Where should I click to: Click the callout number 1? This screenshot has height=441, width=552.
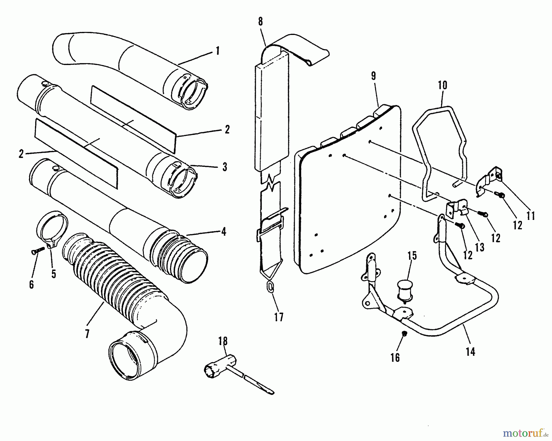click(x=217, y=51)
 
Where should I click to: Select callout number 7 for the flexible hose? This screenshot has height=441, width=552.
click(x=87, y=333)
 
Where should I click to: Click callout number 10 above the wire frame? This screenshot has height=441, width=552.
click(x=443, y=85)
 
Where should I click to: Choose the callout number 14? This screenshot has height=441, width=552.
click(x=470, y=351)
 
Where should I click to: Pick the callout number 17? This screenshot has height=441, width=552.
click(x=279, y=316)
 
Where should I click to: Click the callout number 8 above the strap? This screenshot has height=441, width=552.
click(x=260, y=21)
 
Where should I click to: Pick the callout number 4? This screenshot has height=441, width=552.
click(x=224, y=232)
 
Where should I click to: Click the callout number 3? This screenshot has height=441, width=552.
click(x=225, y=167)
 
